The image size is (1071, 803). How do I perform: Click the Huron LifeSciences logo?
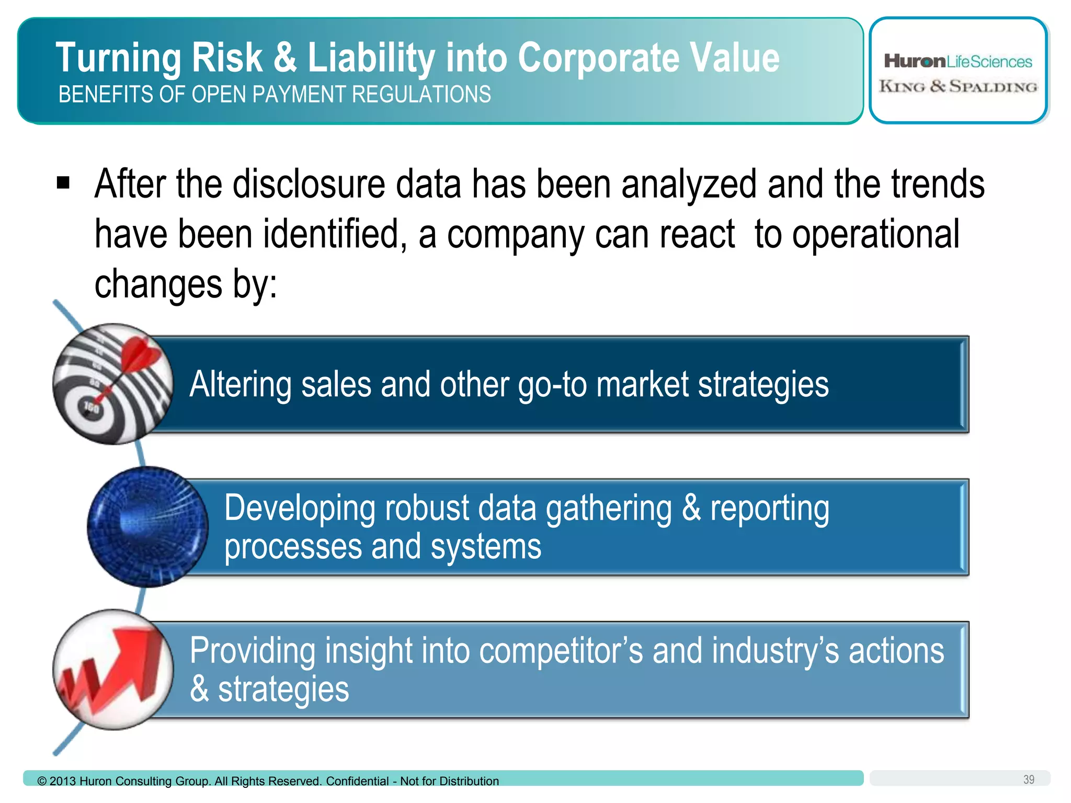[x=958, y=61]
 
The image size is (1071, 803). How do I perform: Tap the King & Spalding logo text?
[x=958, y=86]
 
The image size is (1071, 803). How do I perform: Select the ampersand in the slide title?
[x=285, y=58]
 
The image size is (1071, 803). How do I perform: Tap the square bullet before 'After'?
[x=63, y=183]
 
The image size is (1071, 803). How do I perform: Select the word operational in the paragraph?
[x=875, y=234]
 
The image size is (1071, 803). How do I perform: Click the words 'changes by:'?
[x=186, y=284]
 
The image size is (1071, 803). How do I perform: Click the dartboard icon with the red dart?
[x=113, y=384]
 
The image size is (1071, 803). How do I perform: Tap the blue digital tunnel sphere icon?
[x=147, y=526]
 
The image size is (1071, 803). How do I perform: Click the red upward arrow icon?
[x=113, y=670]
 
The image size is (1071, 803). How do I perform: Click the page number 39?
[x=1028, y=779]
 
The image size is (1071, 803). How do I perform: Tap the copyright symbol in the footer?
[x=42, y=781]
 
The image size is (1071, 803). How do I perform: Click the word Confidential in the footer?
[x=357, y=781]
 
